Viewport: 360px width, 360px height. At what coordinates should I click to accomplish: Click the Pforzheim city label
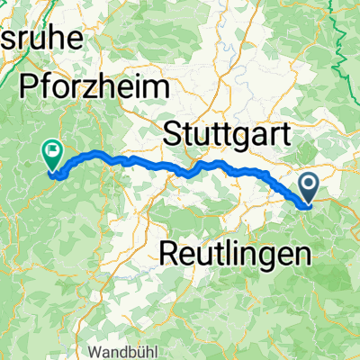(x=94, y=88)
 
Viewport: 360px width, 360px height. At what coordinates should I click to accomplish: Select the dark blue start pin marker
(x=308, y=190)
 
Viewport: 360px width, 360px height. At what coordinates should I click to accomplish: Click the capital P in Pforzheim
(x=27, y=88)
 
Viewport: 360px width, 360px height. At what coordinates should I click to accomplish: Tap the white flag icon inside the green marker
(x=52, y=153)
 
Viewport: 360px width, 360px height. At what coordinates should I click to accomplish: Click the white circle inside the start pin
(x=308, y=185)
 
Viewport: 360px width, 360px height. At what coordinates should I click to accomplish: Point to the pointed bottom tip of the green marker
(x=52, y=170)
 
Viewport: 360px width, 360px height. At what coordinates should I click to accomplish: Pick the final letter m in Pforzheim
(x=158, y=88)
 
